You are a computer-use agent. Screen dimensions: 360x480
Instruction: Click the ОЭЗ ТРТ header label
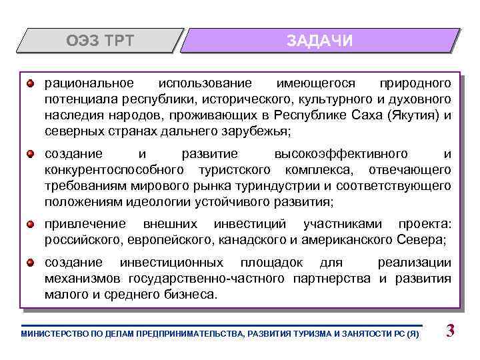100,41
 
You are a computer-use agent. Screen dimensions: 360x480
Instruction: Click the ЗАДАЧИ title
320,41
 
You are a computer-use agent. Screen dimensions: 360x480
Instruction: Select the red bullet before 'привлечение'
31,223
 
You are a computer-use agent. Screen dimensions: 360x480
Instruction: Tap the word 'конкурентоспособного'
114,169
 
